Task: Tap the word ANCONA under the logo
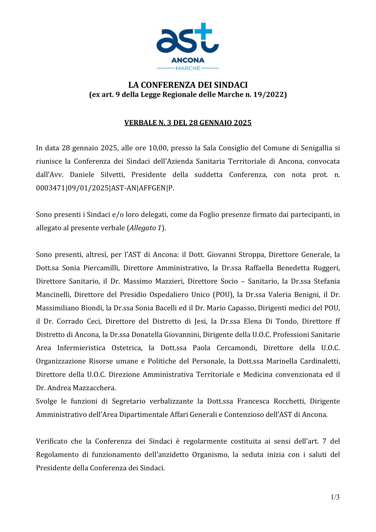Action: tap(188, 60)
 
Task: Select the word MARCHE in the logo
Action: tap(188, 68)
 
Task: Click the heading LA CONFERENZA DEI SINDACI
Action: tap(188, 85)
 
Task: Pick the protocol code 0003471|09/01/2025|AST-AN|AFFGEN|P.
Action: tap(105, 188)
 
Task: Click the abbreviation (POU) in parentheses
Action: tap(223, 295)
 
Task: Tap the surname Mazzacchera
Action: tap(94, 388)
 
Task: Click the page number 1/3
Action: tap(335, 497)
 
